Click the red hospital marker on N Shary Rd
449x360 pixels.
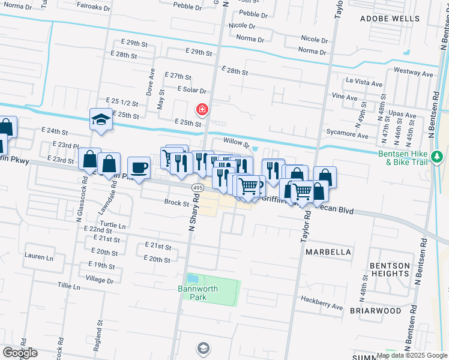202,109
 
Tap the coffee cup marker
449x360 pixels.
139,169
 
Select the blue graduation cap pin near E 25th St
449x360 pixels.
101,119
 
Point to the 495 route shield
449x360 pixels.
197,188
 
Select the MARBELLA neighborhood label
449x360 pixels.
328,252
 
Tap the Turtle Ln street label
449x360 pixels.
113,226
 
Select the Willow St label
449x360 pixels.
236,142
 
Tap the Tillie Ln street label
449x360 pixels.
68,287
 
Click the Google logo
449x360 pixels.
20,353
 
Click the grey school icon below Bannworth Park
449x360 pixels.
203,347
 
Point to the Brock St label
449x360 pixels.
176,203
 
